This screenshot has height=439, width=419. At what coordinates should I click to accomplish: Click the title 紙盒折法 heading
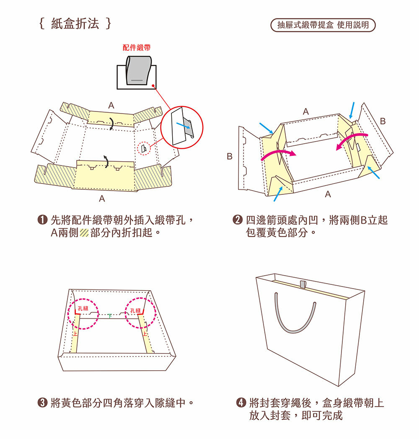coord(75,23)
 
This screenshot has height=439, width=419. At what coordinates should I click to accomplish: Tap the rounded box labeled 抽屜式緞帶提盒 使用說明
coord(323,25)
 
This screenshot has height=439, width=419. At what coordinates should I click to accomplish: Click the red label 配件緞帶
coord(137,47)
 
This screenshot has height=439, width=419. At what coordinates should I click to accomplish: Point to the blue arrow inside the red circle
coord(183,125)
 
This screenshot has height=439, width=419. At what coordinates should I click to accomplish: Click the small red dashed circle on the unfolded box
coord(144,148)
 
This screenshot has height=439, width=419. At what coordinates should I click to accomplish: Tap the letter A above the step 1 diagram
coord(111,106)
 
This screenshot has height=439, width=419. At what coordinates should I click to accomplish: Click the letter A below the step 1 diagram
coord(102,199)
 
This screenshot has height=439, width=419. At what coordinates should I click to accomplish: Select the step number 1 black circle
coord(42,220)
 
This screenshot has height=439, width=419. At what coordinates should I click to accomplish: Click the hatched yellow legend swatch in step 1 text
coord(84,232)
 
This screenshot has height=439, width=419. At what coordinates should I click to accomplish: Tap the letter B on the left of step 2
coord(230,156)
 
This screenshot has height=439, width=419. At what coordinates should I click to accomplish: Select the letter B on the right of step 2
coord(383,121)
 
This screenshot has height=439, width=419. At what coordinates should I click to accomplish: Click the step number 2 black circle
coord(238,220)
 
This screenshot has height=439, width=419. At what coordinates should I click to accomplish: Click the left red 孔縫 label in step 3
coord(83,308)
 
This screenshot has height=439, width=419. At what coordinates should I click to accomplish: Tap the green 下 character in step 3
coord(110,316)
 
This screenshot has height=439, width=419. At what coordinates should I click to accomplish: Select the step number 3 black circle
coord(42,403)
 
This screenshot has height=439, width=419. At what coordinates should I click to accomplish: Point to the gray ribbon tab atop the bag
coord(303,284)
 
